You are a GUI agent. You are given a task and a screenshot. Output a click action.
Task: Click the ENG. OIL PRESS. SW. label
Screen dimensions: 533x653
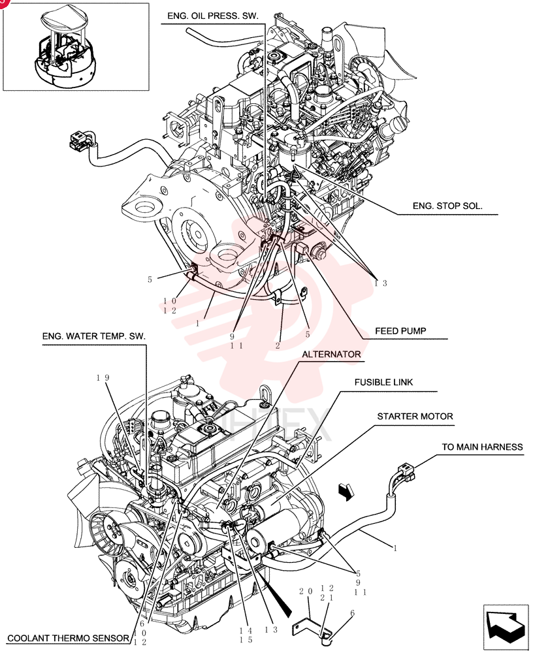point(213,16)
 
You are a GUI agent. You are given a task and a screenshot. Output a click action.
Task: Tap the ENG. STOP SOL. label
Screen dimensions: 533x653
point(447,206)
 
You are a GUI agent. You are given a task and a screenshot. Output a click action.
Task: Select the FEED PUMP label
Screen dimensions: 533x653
point(400,331)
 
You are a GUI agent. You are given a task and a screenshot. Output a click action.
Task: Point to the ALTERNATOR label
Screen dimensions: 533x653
point(331,355)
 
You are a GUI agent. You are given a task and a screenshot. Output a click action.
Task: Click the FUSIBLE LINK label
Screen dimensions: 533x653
point(384,382)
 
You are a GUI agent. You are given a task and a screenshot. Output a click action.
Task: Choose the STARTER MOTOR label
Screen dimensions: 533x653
point(415,417)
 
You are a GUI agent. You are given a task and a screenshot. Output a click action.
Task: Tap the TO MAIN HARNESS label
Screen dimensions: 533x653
point(482,447)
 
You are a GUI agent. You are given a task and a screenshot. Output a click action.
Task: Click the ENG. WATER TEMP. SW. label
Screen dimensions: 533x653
point(94,336)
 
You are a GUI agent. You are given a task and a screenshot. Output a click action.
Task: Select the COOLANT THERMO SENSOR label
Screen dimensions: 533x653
point(69,638)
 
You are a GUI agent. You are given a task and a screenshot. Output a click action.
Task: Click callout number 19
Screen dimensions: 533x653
point(103,377)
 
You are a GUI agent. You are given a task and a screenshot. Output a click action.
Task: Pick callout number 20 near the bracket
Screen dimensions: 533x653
point(306,592)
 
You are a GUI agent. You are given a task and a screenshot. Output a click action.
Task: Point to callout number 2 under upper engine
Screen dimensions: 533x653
point(278,345)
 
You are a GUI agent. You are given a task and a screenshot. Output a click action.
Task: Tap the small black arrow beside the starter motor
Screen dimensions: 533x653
point(346,490)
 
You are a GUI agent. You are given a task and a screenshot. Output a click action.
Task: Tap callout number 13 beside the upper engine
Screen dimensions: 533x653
point(381,283)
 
